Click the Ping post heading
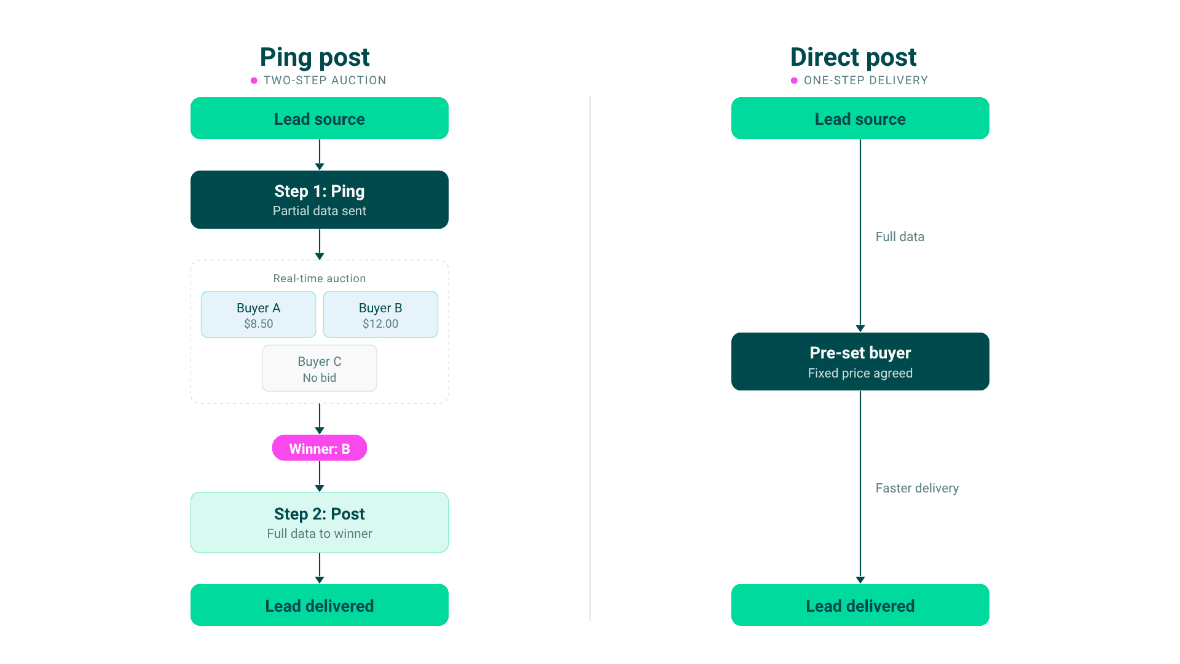click(x=315, y=57)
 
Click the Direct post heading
click(x=853, y=57)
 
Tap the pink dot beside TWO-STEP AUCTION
click(x=254, y=81)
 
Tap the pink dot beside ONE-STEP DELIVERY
click(x=794, y=81)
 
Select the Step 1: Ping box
click(x=320, y=200)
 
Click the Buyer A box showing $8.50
click(x=259, y=315)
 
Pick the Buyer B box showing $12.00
click(x=380, y=315)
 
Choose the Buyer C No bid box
click(x=320, y=368)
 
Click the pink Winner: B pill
click(x=320, y=448)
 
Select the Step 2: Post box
click(x=320, y=523)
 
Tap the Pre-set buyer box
click(x=860, y=362)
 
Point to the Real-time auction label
click(x=320, y=279)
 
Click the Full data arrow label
click(x=900, y=237)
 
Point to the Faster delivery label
click(x=917, y=488)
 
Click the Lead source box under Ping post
click(x=320, y=118)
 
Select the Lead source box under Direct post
click(x=860, y=118)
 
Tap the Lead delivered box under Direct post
click(x=860, y=605)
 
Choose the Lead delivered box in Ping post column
click(x=320, y=605)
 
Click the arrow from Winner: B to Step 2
click(x=320, y=476)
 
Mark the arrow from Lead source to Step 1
click(x=320, y=155)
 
